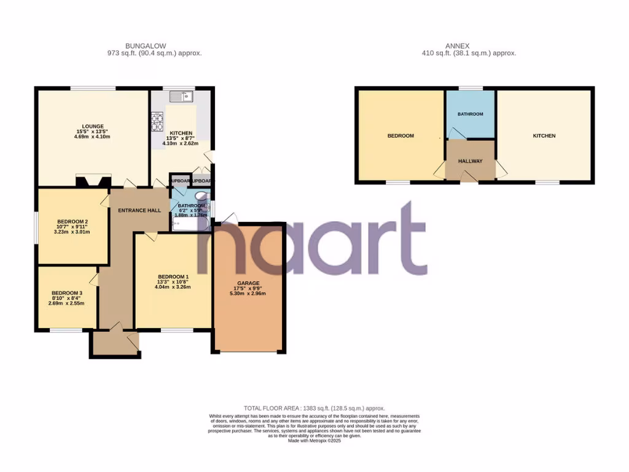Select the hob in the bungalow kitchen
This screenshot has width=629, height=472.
[157, 120]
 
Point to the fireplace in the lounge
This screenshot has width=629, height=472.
[93, 181]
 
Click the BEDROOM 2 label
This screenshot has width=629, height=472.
[73, 222]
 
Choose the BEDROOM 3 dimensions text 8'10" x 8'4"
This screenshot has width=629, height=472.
[67, 298]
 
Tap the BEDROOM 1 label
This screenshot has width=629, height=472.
[173, 276]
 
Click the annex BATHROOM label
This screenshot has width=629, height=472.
[471, 114]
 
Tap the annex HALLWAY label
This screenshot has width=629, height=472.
[471, 161]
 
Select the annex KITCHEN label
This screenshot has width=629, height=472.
[544, 136]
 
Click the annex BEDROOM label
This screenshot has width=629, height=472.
[400, 136]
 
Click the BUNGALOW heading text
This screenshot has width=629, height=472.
[146, 46]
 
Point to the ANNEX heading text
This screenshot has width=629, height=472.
[457, 46]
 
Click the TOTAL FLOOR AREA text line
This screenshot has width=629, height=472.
[314, 408]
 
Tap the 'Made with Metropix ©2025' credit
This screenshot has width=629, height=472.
[314, 441]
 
